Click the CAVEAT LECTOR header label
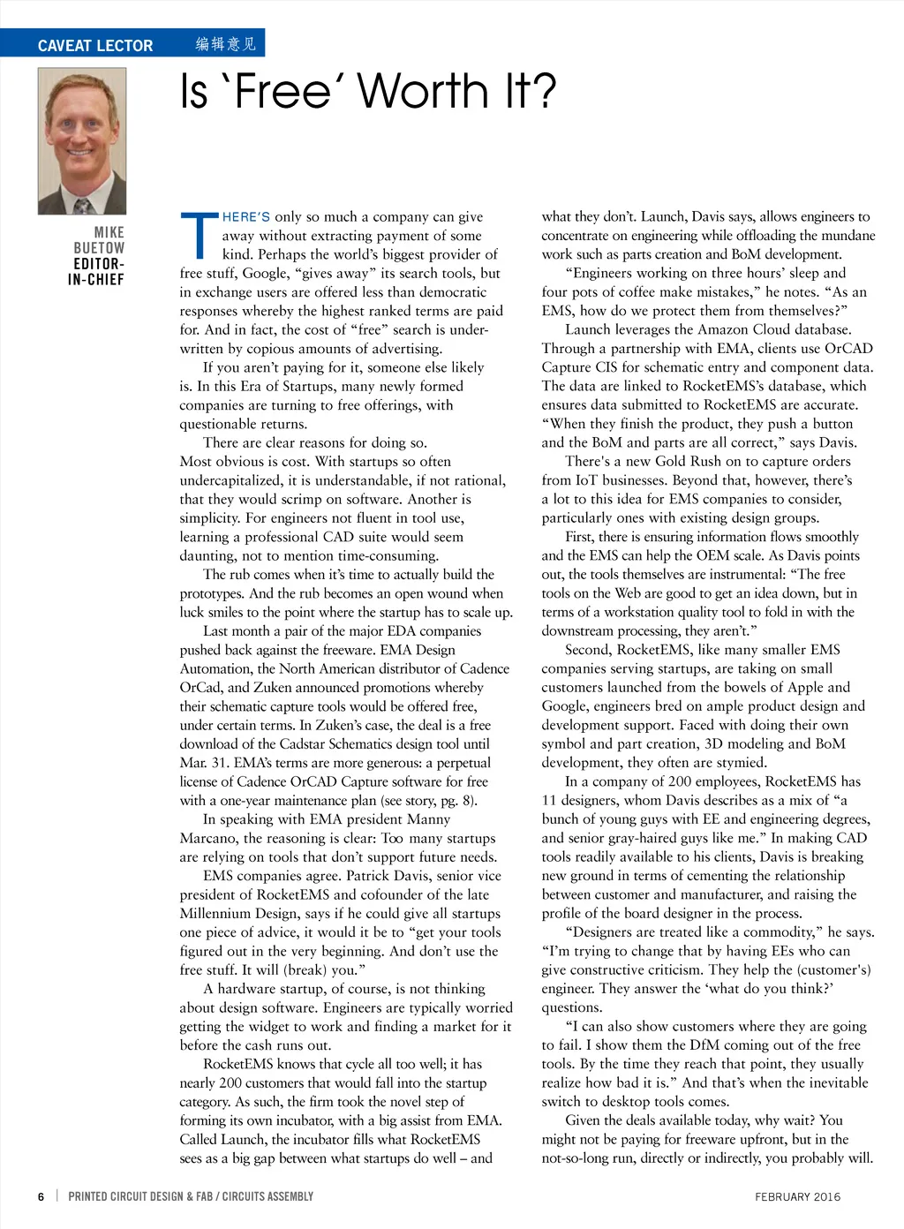pos(95,45)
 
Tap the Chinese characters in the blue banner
pos(226,44)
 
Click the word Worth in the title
pos(423,92)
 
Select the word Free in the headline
pos(283,92)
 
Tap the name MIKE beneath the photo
pos(109,232)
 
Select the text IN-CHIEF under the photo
pos(96,280)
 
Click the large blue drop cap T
pos(199,236)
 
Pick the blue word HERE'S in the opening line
pos(246,217)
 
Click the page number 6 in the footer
pos(41,1196)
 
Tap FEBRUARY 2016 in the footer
pos(797,1196)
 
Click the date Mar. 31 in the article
pos(204,763)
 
